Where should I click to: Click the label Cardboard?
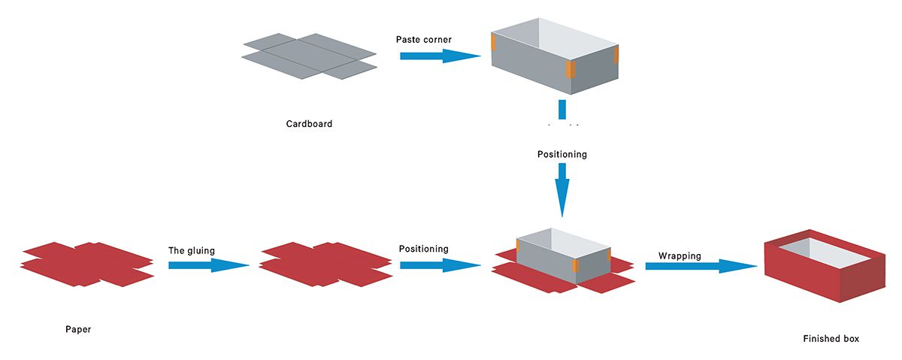(x=309, y=124)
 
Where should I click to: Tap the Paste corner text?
(x=424, y=39)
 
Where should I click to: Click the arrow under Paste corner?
(x=440, y=56)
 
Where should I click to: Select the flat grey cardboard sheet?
(x=309, y=56)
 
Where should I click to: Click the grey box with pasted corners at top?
(x=552, y=60)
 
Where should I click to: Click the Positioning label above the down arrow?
(x=562, y=155)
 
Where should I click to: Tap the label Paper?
(x=78, y=329)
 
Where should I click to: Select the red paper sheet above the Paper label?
(x=87, y=264)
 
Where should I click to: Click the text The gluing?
(x=192, y=250)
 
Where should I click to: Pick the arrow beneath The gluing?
(x=208, y=265)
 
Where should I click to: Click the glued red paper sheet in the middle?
(x=325, y=264)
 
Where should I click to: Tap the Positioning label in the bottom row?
(x=424, y=249)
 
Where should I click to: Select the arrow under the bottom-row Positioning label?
(x=440, y=265)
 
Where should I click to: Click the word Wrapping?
(x=680, y=256)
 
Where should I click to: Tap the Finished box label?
(x=831, y=339)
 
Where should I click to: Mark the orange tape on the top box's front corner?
(x=570, y=70)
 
